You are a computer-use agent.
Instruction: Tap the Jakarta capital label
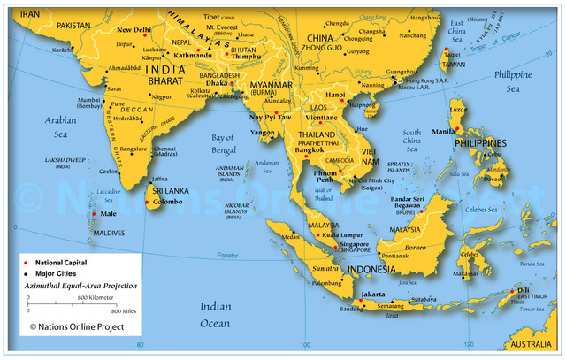coord(372,294)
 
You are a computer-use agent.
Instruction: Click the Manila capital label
coord(443,132)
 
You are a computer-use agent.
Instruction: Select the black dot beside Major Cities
coord(27,273)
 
